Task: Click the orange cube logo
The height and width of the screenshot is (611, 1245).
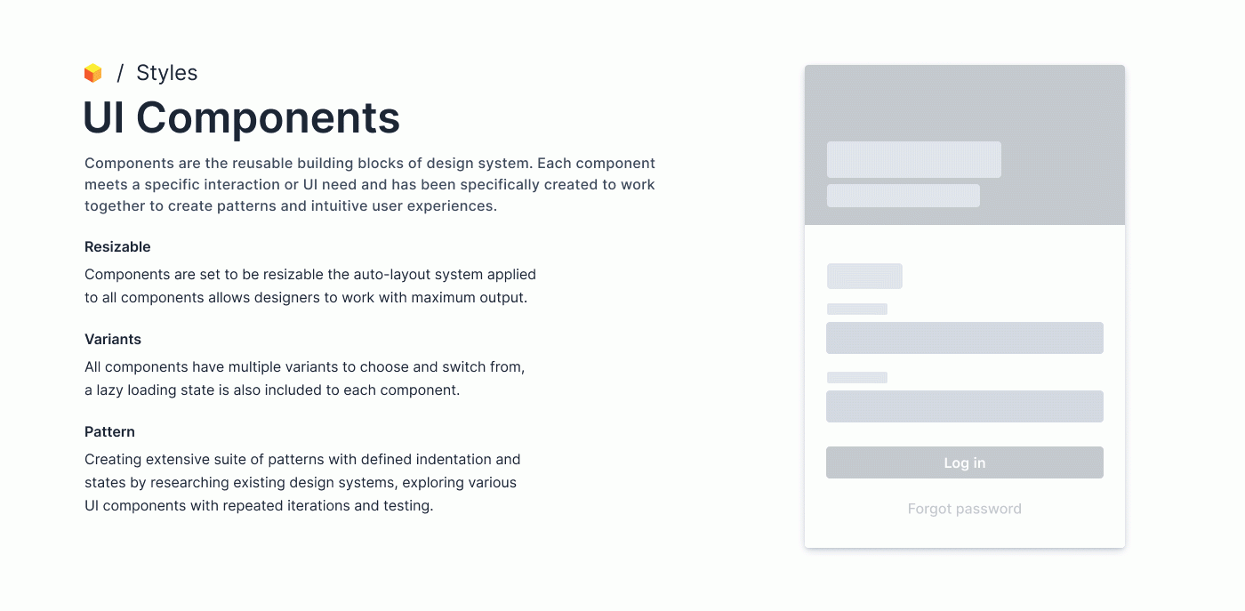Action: [x=92, y=73]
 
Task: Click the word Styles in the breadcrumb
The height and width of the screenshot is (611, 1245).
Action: [x=167, y=73]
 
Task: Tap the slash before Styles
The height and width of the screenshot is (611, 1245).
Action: [x=120, y=73]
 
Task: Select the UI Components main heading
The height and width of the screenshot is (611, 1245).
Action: [x=241, y=118]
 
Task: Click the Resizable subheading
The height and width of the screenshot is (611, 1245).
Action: [x=117, y=247]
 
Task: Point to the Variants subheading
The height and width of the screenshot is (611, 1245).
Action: [x=113, y=339]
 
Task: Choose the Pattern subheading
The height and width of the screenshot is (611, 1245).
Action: [x=109, y=432]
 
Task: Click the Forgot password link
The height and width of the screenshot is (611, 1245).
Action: [x=964, y=509]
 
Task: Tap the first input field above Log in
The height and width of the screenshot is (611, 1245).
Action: [x=964, y=338]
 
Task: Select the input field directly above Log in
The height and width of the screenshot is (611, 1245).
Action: [x=964, y=406]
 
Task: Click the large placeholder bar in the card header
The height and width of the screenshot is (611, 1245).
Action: [x=914, y=159]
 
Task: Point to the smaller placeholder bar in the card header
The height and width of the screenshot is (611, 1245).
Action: [x=904, y=196]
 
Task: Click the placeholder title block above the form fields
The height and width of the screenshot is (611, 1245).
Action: [x=864, y=277]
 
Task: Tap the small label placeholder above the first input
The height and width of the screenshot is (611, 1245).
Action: [x=857, y=310]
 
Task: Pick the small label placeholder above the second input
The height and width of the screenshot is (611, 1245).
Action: [x=857, y=377]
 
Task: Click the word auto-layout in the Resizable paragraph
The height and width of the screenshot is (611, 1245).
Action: [x=391, y=275]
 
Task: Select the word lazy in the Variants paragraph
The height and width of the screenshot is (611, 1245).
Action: [x=109, y=390]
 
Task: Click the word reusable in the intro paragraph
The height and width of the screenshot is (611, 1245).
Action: [x=262, y=164]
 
